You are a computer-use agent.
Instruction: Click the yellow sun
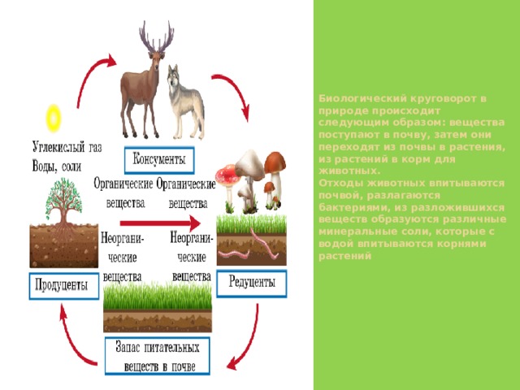tap(53, 119)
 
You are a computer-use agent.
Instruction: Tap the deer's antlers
tap(157, 37)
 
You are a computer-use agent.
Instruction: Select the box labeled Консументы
tap(159, 160)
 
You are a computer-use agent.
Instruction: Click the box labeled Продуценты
tap(64, 286)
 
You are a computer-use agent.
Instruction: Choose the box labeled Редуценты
tap(252, 284)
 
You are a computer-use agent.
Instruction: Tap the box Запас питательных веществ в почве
tap(158, 356)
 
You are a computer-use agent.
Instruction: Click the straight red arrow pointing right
tap(160, 223)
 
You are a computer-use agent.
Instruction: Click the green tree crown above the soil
tap(63, 197)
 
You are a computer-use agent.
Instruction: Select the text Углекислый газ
tap(67, 147)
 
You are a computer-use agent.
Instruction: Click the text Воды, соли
tap(57, 166)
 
